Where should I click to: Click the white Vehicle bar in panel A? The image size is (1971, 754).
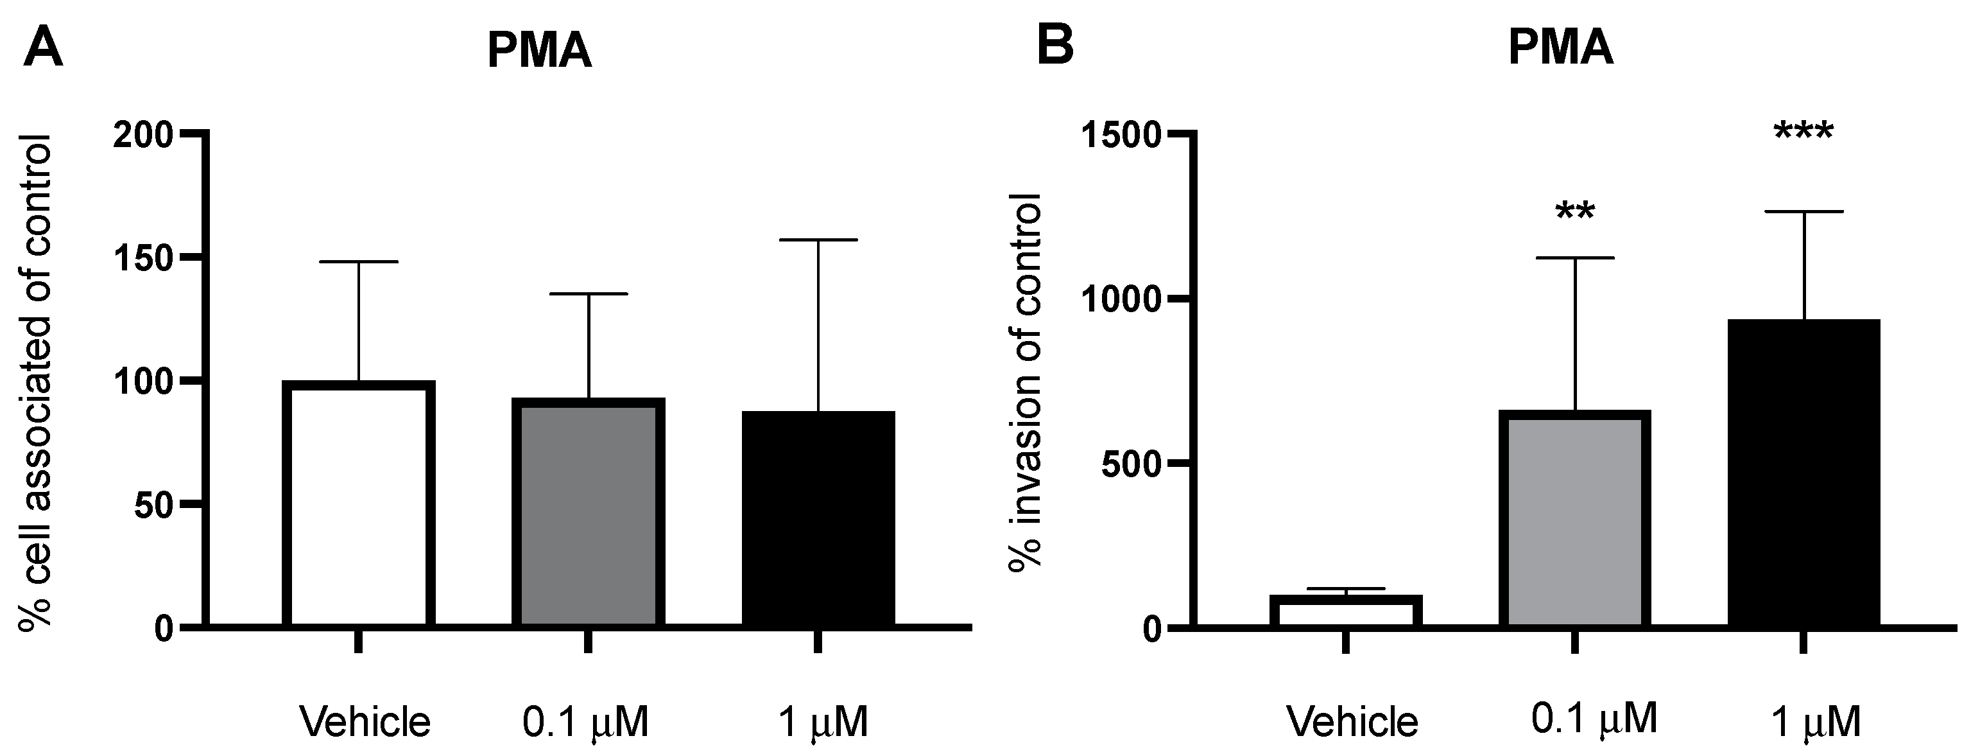tap(358, 505)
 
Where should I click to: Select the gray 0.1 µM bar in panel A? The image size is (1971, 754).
tap(588, 513)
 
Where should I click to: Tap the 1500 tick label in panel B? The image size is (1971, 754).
tap(1119, 136)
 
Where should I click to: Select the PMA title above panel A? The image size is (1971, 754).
tap(539, 52)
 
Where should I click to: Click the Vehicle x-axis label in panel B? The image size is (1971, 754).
tap(1352, 721)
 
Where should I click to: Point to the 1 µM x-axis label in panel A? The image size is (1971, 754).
tap(823, 722)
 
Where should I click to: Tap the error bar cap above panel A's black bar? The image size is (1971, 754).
tap(818, 240)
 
